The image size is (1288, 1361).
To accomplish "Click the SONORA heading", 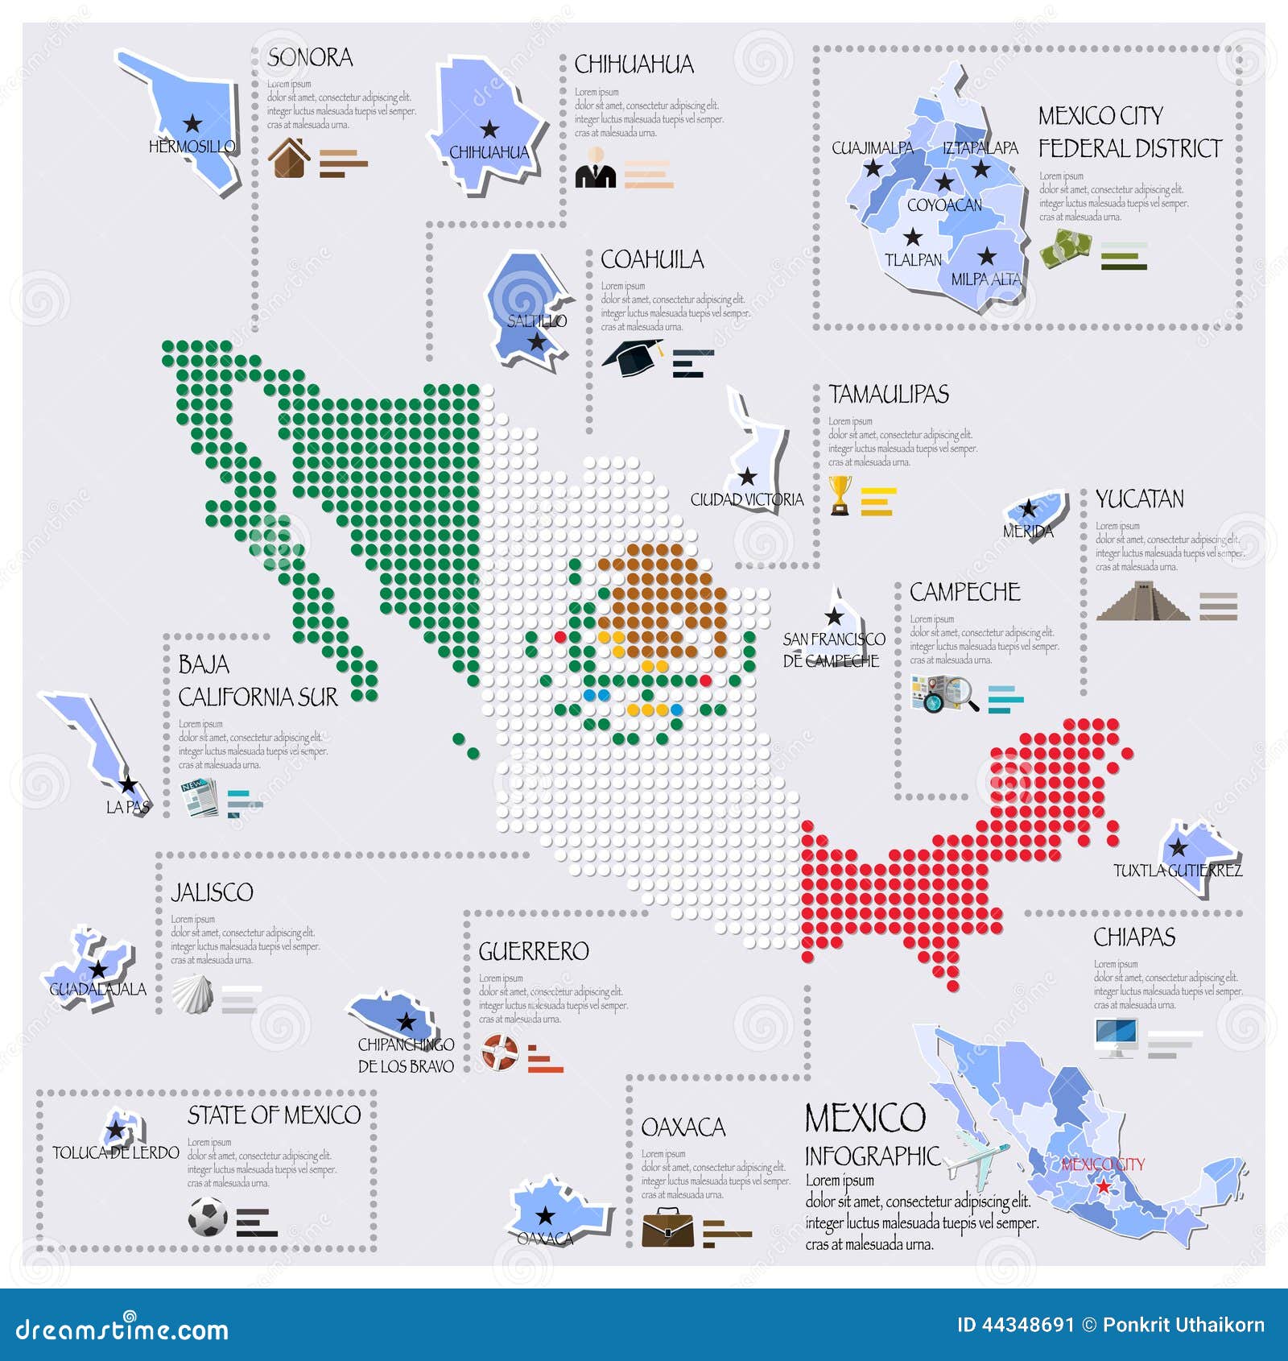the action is click(x=310, y=58).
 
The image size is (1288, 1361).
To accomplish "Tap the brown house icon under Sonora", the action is click(x=289, y=158).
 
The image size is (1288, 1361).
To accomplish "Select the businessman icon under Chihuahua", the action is click(x=596, y=168).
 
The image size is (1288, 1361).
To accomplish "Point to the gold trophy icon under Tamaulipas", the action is click(x=840, y=494).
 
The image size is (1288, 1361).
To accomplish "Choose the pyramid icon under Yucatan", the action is click(x=1142, y=602).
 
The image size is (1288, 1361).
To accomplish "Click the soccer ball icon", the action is click(x=208, y=1216).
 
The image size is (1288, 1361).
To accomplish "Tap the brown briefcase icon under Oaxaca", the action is click(x=667, y=1227).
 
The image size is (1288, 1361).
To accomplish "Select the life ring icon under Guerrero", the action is click(x=500, y=1052).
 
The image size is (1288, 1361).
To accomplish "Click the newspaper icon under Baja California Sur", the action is click(x=199, y=797).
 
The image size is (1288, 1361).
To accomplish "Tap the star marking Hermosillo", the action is click(x=192, y=123).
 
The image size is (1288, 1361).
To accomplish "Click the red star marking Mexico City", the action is click(x=1103, y=1186).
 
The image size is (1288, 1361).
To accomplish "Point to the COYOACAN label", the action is click(x=944, y=205).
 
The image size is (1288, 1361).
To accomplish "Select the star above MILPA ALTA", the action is click(x=987, y=257).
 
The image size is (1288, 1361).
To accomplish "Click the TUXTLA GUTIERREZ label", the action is click(x=1178, y=871).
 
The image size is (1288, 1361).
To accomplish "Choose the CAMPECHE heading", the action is click(x=964, y=592).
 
